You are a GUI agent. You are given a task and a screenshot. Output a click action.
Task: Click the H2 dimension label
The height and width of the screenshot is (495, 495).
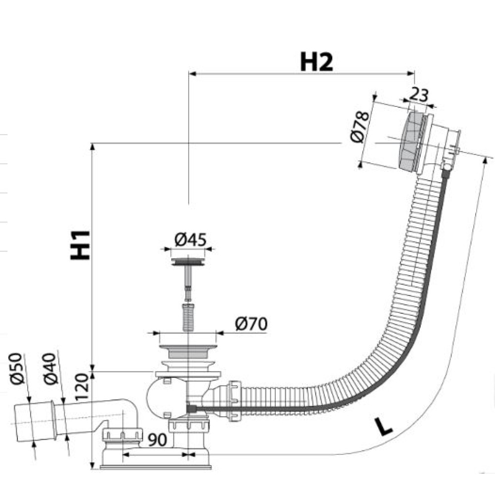316,62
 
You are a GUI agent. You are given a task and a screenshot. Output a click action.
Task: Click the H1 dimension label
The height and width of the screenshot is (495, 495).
80,246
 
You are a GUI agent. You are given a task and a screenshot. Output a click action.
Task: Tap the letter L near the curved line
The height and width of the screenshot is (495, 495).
383,426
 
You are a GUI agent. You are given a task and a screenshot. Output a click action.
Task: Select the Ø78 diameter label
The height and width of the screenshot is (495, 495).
359,127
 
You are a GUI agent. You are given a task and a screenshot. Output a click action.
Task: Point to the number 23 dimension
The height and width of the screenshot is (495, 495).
419,95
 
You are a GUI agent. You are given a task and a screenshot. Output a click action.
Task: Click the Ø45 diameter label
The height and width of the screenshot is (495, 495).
191,240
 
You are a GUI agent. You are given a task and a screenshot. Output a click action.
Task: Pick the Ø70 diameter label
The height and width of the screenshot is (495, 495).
251,324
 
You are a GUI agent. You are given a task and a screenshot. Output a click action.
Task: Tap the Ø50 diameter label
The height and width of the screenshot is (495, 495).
17,368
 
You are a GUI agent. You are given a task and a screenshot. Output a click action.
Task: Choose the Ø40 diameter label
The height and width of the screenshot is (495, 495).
50,369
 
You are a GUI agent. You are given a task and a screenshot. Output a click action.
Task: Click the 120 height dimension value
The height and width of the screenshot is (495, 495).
81,387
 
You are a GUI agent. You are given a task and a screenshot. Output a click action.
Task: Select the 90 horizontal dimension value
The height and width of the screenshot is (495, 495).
157,440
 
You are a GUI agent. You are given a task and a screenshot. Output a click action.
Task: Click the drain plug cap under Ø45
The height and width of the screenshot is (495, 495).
188,262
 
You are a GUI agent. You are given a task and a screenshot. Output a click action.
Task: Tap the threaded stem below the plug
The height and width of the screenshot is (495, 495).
188,317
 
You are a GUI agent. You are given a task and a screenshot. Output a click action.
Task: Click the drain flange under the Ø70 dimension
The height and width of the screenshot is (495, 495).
188,351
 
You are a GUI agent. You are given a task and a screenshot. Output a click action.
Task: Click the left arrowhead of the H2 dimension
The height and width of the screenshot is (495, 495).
193,74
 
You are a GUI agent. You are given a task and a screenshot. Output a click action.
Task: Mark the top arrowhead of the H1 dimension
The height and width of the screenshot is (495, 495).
93,147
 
